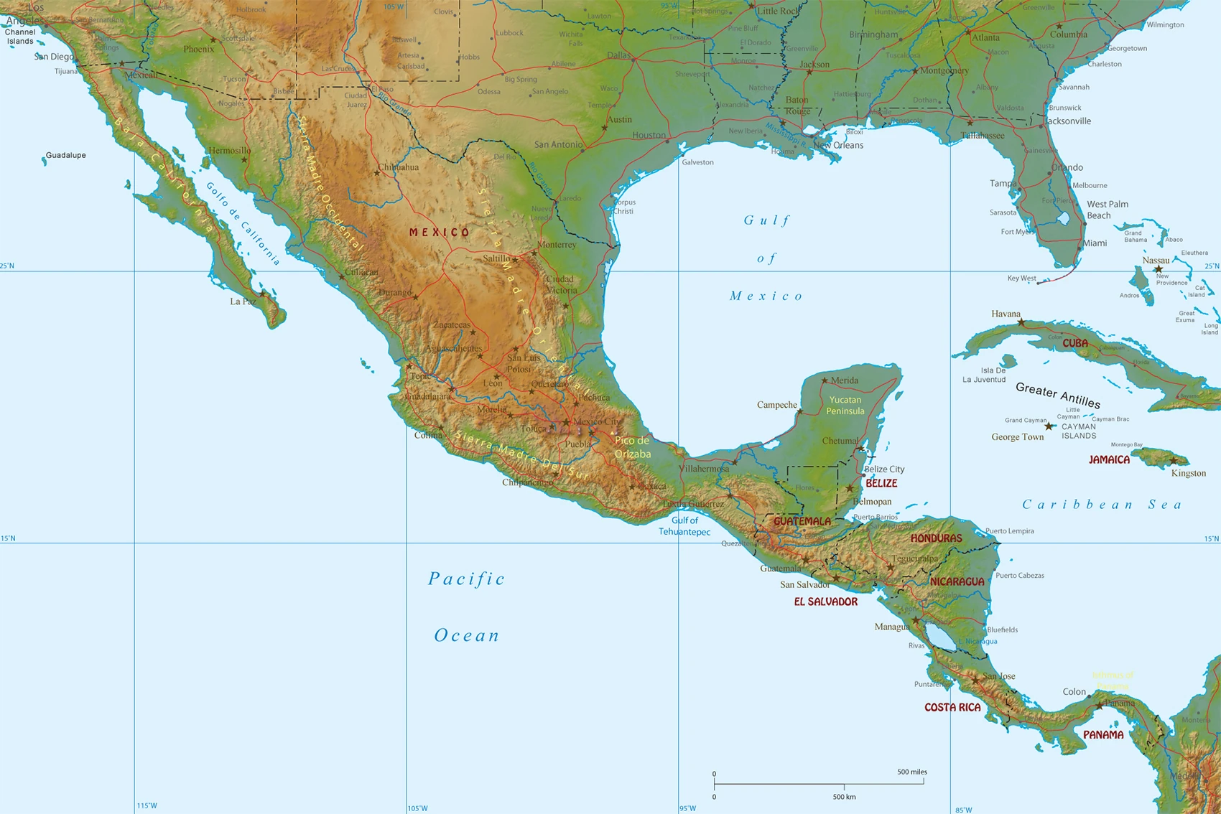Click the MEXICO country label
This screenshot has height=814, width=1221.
point(439,233)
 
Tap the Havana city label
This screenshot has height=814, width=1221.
point(1006,314)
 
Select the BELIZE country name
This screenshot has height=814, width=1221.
point(881,484)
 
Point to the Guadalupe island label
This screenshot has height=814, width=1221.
point(66,155)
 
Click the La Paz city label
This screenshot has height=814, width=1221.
point(243,301)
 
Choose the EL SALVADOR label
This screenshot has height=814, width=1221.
point(825,602)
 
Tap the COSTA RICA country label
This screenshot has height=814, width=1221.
point(952,708)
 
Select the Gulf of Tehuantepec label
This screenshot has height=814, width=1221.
point(684,526)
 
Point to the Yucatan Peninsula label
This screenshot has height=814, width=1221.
point(845,406)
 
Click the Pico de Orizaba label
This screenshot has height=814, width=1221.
point(633,447)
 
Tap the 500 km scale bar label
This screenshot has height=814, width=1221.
point(844,797)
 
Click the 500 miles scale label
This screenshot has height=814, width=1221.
point(911,772)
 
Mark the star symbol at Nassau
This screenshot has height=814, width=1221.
point(1158,270)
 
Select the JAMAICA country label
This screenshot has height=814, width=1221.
point(1109,460)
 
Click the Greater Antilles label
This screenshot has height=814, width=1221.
point(1058,395)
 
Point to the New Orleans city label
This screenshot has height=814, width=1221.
point(838,145)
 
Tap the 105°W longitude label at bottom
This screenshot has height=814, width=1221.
point(418,808)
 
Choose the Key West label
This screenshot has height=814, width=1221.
point(1021,279)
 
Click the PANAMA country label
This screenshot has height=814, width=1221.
point(1103,735)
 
